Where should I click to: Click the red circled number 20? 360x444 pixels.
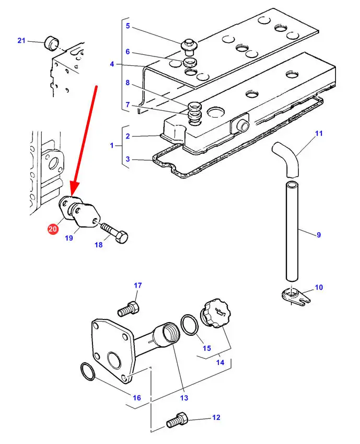53,229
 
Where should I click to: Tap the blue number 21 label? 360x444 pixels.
21,40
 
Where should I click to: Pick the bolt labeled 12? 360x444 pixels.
178,419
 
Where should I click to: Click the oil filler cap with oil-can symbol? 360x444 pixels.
216,313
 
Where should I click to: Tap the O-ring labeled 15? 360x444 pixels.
190,325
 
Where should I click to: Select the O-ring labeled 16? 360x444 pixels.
88,371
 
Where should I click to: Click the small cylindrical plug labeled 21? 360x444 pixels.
51,42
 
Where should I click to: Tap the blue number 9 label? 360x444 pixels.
319,235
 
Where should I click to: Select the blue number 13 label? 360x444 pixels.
184,398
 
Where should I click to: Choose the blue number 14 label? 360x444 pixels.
220,362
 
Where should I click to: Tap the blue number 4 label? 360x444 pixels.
112,64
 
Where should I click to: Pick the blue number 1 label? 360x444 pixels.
112,145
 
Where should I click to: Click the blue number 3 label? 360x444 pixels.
128,159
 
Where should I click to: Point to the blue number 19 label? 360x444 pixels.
69,238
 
